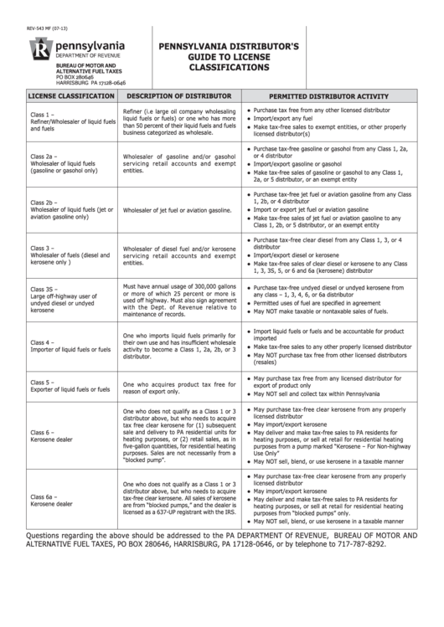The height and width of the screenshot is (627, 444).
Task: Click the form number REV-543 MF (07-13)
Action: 47,30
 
